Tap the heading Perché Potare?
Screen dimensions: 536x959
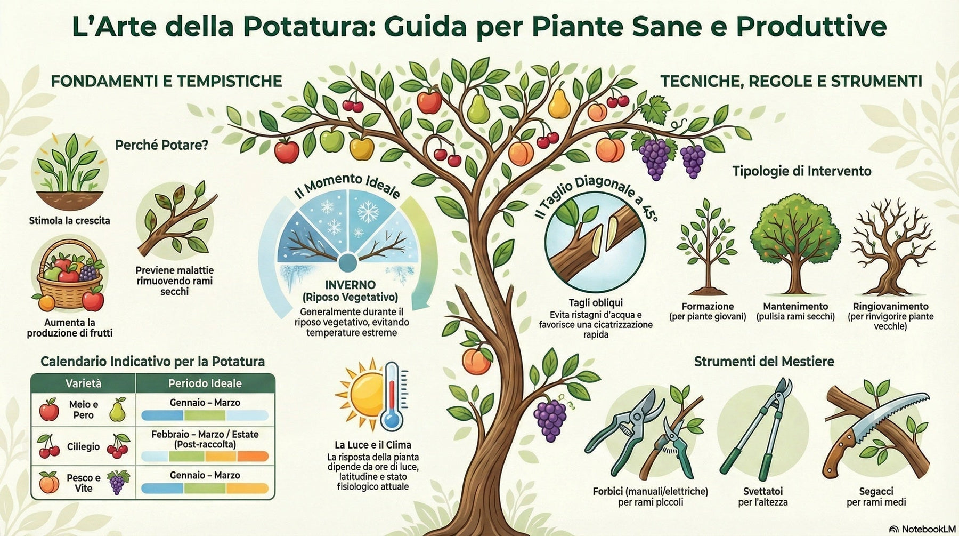coord(161,145)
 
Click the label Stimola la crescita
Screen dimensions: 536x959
coord(69,220)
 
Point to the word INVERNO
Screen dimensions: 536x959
coord(350,285)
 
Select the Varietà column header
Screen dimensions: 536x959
coord(83,383)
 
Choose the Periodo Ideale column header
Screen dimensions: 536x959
coord(205,383)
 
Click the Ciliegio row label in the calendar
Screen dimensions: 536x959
coord(83,446)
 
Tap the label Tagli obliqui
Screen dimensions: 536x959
coord(596,303)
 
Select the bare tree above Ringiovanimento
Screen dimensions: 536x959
coord(891,251)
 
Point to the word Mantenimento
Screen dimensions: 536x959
coord(795,306)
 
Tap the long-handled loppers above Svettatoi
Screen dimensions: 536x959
coord(765,427)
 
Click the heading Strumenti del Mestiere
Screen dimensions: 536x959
coord(764,362)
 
